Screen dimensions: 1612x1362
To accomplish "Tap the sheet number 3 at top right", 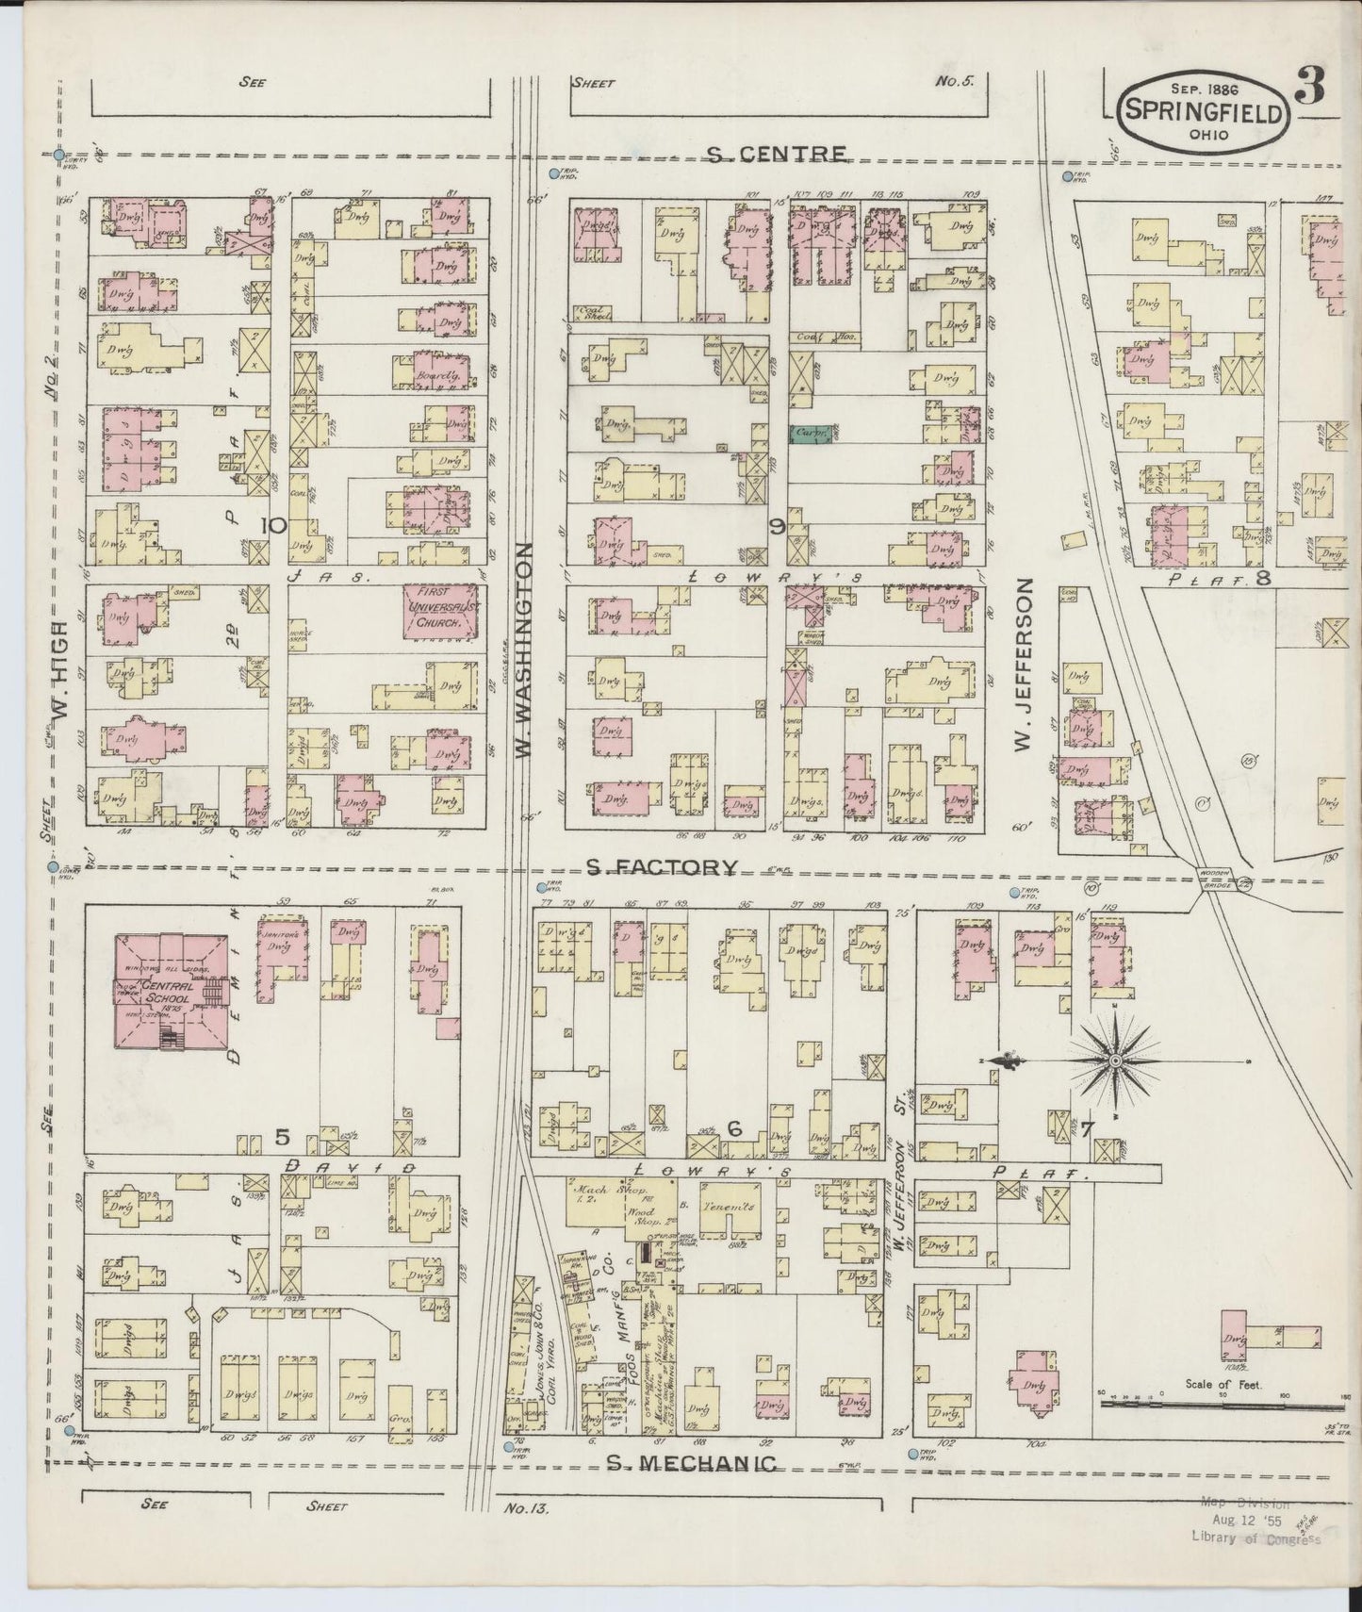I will (1309, 90).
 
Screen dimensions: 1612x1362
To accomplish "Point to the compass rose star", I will (1115, 1061).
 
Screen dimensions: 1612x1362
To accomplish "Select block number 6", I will (735, 1129).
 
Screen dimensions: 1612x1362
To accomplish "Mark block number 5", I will (281, 1137).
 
